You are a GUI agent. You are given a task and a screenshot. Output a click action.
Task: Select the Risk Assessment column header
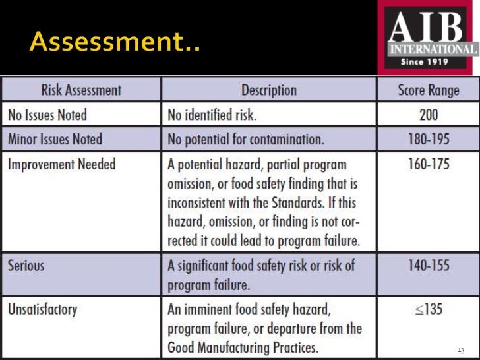pyautogui.click(x=81, y=90)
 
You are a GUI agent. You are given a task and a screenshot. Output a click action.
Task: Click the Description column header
pyautogui.click(x=268, y=90)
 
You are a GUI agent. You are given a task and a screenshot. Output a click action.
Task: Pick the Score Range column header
pyautogui.click(x=428, y=90)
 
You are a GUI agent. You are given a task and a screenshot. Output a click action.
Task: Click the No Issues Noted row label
pyautogui.click(x=47, y=115)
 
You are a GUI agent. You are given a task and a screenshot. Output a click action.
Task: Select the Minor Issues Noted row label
pyautogui.click(x=55, y=139)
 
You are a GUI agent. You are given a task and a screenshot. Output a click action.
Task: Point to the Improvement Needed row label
pyautogui.click(x=61, y=164)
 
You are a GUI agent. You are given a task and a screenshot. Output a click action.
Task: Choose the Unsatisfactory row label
pyautogui.click(x=42, y=309)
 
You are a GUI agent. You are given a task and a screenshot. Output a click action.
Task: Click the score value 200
pyautogui.click(x=429, y=115)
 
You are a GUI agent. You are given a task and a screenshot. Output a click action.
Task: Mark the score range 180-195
pyautogui.click(x=429, y=139)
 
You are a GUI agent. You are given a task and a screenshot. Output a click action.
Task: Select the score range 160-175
pyautogui.click(x=429, y=164)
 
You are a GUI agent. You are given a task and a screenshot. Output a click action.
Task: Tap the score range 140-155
pyautogui.click(x=429, y=266)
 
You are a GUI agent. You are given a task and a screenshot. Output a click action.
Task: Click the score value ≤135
pyautogui.click(x=429, y=309)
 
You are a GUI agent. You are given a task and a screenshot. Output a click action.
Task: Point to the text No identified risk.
pyautogui.click(x=212, y=115)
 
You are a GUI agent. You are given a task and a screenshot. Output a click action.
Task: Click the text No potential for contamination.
pyautogui.click(x=245, y=139)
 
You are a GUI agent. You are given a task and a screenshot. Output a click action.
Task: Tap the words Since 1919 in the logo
pyautogui.click(x=425, y=62)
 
